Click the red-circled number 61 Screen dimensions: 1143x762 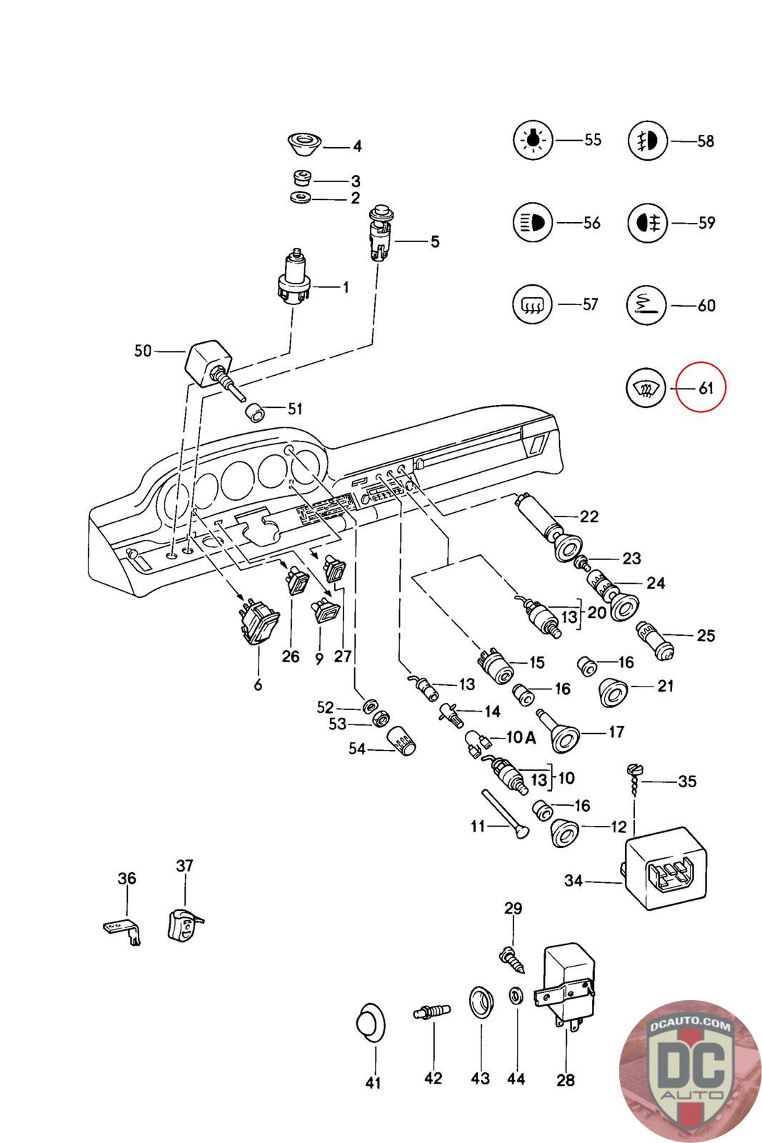click(706, 389)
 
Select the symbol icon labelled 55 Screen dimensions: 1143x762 click(533, 140)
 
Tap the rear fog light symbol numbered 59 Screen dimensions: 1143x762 click(647, 223)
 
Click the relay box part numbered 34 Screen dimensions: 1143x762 click(666, 867)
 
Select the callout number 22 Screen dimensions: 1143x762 click(588, 516)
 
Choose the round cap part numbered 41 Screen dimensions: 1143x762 click(370, 1024)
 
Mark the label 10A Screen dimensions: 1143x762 click(521, 738)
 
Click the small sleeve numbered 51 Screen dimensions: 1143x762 click(254, 412)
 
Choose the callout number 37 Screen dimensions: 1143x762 click(184, 866)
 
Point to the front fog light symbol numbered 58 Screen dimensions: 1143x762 click(647, 141)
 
